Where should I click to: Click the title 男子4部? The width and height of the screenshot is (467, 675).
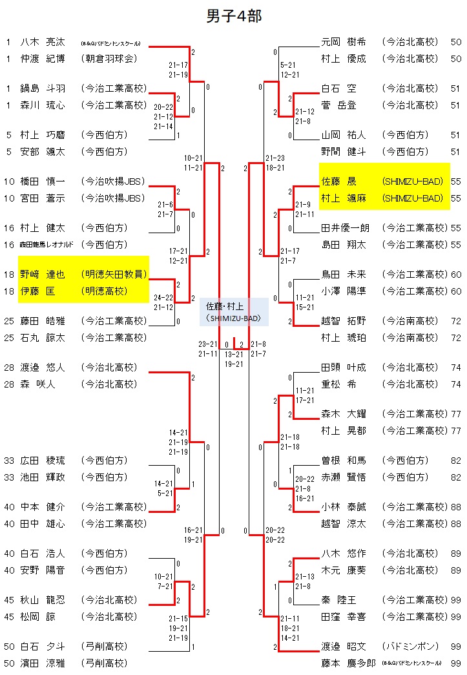tap(234, 16)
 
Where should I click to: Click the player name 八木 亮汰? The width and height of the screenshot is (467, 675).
tap(43, 42)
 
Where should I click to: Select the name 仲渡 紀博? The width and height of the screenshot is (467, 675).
tap(43, 59)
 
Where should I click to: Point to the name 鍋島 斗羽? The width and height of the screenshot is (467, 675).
tap(43, 88)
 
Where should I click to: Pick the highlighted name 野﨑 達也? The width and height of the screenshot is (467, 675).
tap(43, 275)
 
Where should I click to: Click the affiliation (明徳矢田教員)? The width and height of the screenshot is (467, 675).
tap(114, 275)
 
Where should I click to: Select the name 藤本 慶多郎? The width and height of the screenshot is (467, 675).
tap(348, 663)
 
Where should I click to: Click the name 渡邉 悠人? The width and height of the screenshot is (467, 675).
tap(43, 368)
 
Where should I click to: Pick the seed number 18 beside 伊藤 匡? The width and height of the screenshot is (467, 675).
tap(9, 291)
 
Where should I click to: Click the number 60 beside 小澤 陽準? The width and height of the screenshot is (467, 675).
tap(456, 291)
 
